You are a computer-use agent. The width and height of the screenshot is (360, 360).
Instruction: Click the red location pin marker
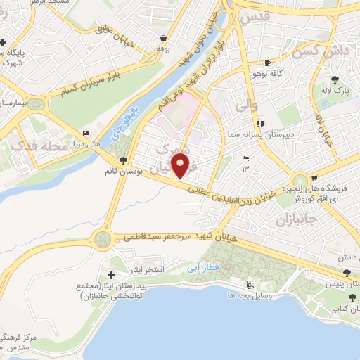pos(181,166)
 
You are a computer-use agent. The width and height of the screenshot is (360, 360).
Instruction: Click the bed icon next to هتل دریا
pos(86,134)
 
